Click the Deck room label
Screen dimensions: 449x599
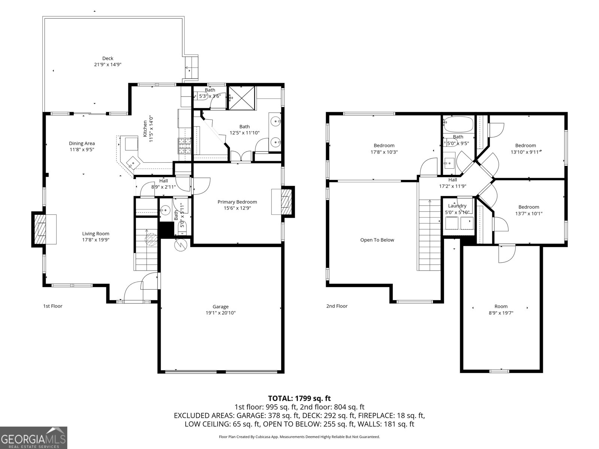coord(108,58)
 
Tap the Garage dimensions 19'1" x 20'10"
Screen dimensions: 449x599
coord(221,313)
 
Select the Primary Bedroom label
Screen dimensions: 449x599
coord(237,202)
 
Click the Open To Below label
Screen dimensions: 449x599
coord(377,240)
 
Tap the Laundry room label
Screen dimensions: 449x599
coord(457,206)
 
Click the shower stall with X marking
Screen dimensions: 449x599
coord(241,98)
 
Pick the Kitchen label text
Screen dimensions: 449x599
coord(145,128)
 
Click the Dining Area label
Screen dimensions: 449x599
coord(82,143)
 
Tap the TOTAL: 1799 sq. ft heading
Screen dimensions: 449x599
coord(299,398)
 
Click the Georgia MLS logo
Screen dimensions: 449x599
coord(34,437)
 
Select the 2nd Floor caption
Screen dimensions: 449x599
coord(337,306)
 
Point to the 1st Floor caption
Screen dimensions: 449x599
coord(52,306)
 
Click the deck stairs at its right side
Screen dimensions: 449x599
coord(191,68)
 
